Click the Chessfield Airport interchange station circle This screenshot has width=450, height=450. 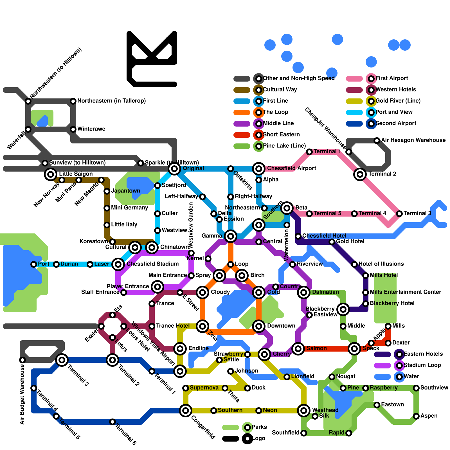point(259,169)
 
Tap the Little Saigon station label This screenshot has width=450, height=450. point(76,174)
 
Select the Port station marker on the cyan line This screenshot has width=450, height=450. point(34,264)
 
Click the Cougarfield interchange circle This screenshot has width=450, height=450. point(186,411)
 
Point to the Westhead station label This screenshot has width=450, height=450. point(325,410)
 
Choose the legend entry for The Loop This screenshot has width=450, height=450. point(275,112)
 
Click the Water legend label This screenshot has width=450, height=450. point(411,376)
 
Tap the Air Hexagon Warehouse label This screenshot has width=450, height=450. point(413,140)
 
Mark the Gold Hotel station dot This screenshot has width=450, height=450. point(332,242)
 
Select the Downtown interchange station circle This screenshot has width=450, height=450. point(259,326)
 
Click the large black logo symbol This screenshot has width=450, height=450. point(152,59)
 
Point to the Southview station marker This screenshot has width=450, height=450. point(416,388)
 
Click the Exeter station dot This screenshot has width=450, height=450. point(101,326)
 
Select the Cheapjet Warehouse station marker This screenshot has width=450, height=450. point(349,152)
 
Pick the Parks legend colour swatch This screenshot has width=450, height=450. point(231,427)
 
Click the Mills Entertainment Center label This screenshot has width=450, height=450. point(405,292)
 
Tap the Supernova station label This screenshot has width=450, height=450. point(204,388)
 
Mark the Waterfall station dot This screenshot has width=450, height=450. point(28,129)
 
